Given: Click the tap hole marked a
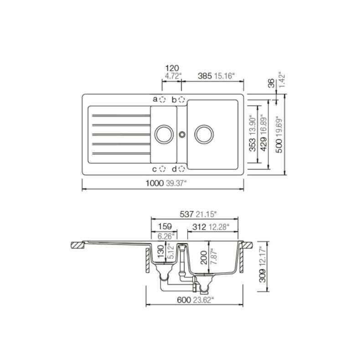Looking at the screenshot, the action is pos(163,99).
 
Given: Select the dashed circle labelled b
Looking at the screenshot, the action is pos(182,99).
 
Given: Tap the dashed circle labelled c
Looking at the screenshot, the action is pos(163,169).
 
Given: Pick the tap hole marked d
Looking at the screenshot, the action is pos(182,169).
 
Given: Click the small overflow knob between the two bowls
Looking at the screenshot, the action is pos(182,134).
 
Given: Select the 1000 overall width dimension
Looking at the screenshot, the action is pos(155,183).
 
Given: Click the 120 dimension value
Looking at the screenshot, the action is pos(172,68).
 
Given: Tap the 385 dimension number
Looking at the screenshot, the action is pos(205,76).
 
